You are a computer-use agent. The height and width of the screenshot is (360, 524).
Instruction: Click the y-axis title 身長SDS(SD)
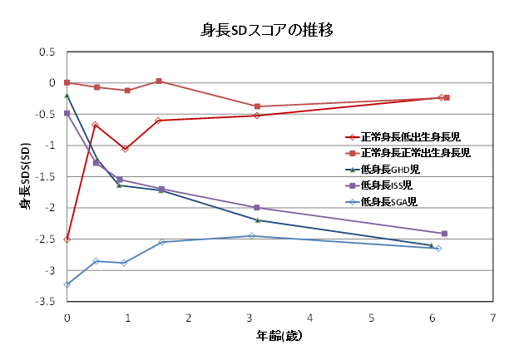(25, 175)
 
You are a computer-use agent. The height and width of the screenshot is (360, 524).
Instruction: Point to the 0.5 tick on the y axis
(47, 52)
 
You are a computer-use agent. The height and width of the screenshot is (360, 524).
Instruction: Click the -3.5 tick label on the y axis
(45, 302)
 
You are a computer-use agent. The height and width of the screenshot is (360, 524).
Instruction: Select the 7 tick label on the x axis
(493, 318)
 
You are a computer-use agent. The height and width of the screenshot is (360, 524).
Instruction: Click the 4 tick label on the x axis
(310, 318)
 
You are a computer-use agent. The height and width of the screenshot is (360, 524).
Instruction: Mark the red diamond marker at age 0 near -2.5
(67, 239)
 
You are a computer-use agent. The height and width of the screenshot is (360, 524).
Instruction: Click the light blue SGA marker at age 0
(67, 284)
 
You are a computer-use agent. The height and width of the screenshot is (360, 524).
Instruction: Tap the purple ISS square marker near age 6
(444, 234)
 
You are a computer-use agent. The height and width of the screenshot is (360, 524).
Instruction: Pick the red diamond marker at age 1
(126, 149)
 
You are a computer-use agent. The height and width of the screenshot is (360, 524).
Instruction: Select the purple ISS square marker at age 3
(256, 208)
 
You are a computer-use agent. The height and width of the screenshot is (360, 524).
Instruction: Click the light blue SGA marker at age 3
(252, 236)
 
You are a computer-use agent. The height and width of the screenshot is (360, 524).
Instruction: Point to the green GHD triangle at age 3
(257, 220)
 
